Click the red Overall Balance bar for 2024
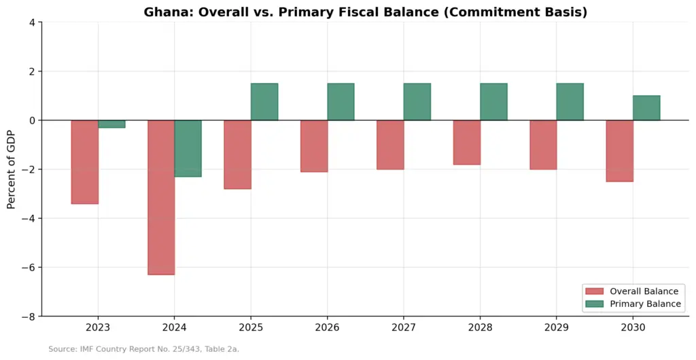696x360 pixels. (x=161, y=197)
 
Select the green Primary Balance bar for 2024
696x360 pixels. (x=188, y=149)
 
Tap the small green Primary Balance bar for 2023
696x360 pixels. (x=112, y=124)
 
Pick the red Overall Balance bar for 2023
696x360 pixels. (x=85, y=162)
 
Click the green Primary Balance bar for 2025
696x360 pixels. (x=264, y=101)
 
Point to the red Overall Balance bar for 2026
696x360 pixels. (x=314, y=146)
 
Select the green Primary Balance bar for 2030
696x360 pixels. (x=647, y=108)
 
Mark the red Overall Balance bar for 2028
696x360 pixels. (x=467, y=143)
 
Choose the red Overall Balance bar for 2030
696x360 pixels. (x=620, y=151)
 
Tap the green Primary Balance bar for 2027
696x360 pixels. (x=417, y=101)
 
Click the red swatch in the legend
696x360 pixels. (x=594, y=291)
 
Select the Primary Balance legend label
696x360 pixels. (x=645, y=304)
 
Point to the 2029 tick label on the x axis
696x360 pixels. (x=557, y=327)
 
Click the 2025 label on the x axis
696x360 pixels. (x=251, y=327)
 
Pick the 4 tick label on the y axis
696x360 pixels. (x=33, y=22)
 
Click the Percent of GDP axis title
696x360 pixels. (x=11, y=169)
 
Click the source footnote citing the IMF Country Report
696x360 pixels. (x=144, y=349)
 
